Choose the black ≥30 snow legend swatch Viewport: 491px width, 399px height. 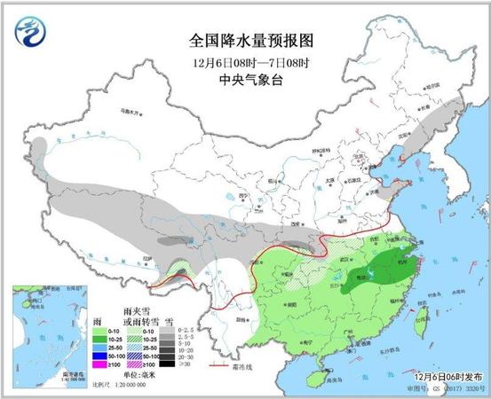tap(183, 363)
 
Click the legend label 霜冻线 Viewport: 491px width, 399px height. tap(252, 365)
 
